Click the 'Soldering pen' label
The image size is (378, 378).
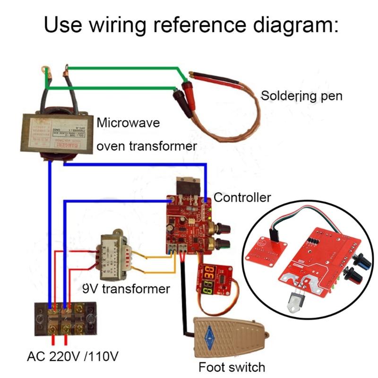tap(301, 96)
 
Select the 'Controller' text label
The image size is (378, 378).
tap(242, 197)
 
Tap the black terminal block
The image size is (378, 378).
tap(66, 319)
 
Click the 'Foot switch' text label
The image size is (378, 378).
tap(232, 367)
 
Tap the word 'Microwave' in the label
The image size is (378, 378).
tap(129, 123)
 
